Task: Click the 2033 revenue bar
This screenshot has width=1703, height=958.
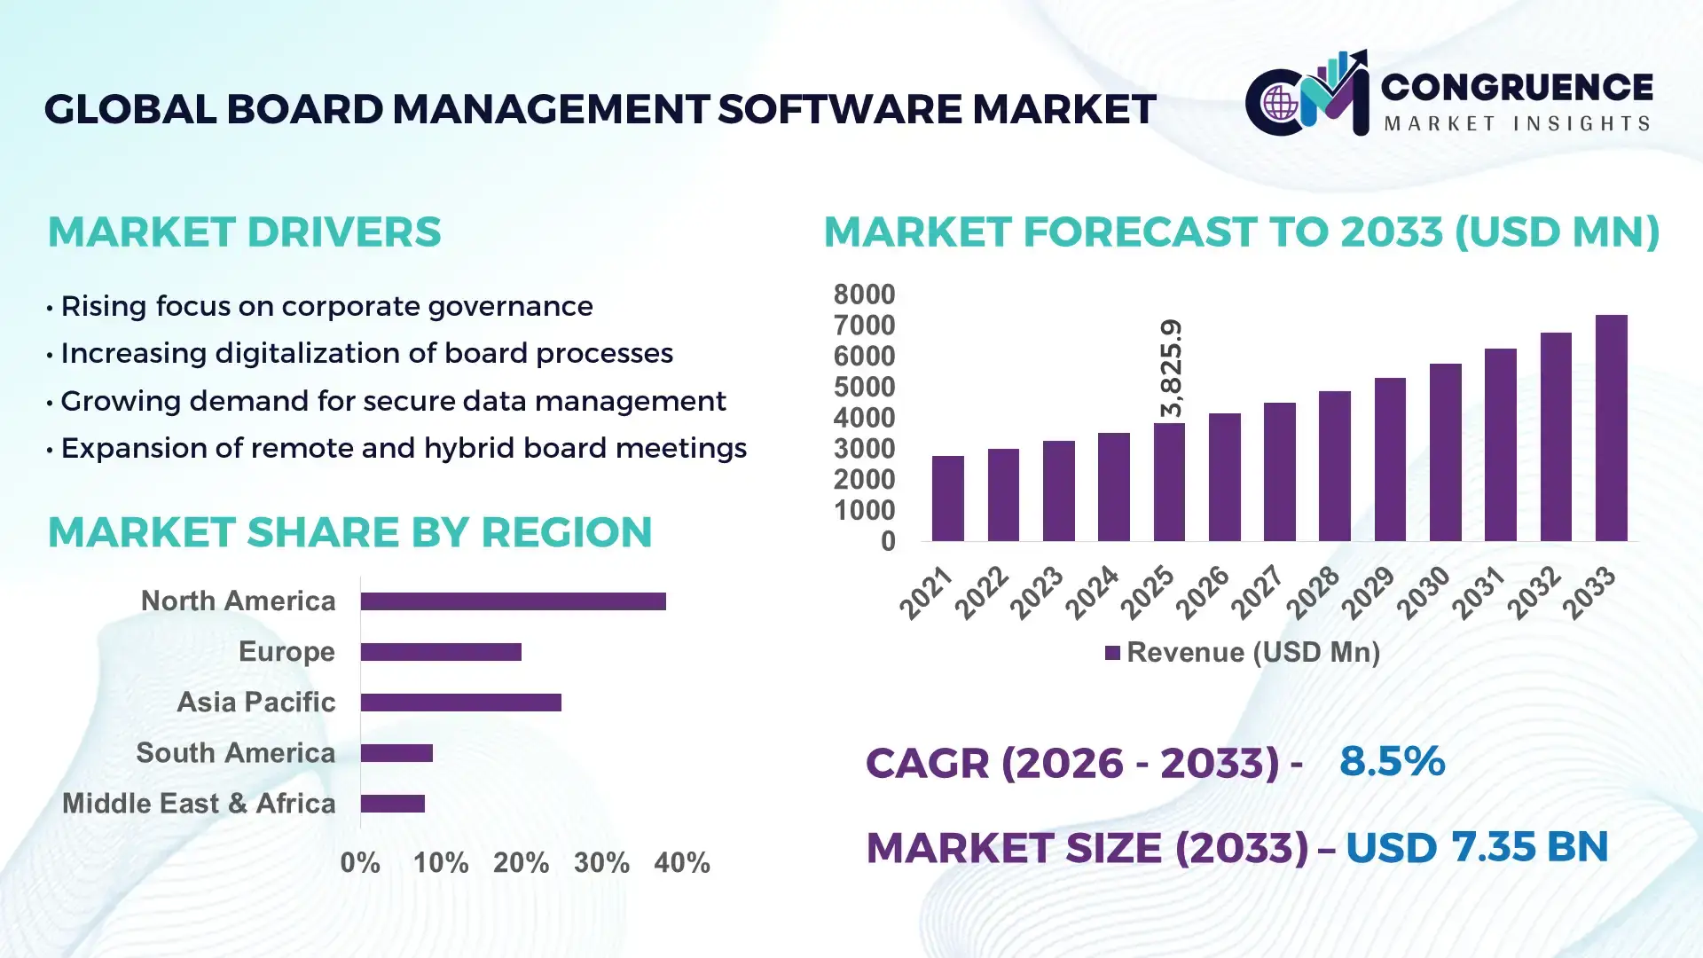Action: click(1611, 428)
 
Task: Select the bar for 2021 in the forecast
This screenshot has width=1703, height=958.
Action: click(947, 499)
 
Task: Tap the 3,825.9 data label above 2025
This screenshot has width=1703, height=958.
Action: click(1171, 368)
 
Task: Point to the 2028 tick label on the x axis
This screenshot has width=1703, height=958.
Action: click(1314, 592)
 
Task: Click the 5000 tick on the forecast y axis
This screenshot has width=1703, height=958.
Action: click(864, 388)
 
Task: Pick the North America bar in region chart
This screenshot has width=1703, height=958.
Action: click(513, 601)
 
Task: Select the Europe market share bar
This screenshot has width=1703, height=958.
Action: click(441, 652)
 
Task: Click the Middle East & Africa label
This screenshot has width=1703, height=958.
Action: click(199, 804)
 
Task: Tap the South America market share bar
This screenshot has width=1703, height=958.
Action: click(396, 753)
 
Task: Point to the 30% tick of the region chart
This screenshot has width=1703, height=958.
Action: click(601, 863)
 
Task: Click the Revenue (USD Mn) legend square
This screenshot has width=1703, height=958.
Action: click(1112, 653)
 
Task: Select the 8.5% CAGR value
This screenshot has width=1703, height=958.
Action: click(1392, 761)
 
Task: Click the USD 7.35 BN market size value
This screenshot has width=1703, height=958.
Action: click(1476, 847)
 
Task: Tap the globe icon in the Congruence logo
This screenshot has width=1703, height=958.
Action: click(1280, 104)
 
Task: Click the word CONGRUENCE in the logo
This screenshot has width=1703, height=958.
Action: click(1517, 87)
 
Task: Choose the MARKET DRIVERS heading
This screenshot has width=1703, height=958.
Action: click(244, 232)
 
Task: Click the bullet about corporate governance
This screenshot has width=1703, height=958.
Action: click(326, 306)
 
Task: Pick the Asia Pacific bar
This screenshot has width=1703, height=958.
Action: click(460, 703)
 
